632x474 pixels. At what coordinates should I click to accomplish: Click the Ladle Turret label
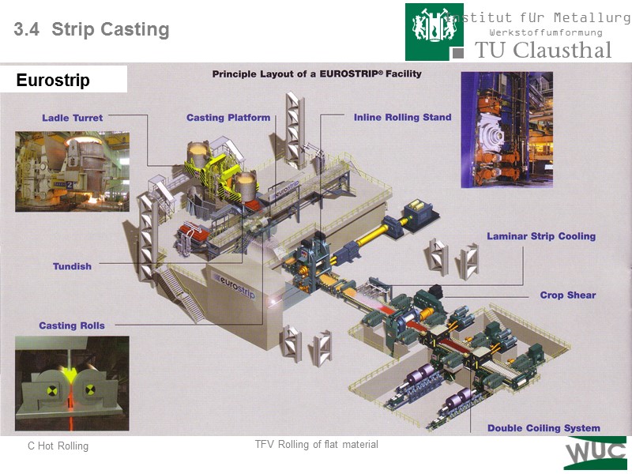pyautogui.click(x=72, y=118)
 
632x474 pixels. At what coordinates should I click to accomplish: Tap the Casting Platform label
pyautogui.click(x=228, y=118)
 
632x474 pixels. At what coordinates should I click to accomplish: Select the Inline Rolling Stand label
pyautogui.click(x=402, y=117)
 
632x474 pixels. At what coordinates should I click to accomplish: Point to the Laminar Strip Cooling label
pyautogui.click(x=540, y=236)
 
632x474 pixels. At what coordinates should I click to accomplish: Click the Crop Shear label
pyautogui.click(x=567, y=295)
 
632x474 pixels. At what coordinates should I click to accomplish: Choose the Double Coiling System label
pyautogui.click(x=543, y=428)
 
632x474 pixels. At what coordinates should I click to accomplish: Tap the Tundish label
pyautogui.click(x=72, y=266)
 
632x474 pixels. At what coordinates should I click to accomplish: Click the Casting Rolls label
pyautogui.click(x=72, y=325)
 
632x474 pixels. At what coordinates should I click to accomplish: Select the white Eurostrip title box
pyautogui.click(x=64, y=80)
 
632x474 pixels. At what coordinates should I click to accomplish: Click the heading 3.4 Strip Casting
pyautogui.click(x=92, y=30)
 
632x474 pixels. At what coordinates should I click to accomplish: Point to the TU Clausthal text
pyautogui.click(x=543, y=50)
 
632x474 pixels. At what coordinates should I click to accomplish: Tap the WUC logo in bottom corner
pyautogui.click(x=595, y=453)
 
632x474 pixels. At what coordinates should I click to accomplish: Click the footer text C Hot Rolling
pyautogui.click(x=58, y=446)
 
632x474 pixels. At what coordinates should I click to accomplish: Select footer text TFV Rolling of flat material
pyautogui.click(x=316, y=445)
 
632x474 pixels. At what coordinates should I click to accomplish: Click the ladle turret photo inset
pyautogui.click(x=72, y=171)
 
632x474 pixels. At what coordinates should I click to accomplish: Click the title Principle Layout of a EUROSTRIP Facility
pyautogui.click(x=317, y=73)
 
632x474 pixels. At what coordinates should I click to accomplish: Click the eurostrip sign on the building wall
pyautogui.click(x=238, y=280)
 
